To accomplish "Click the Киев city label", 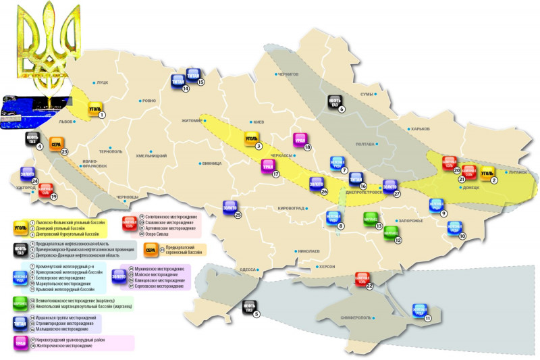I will click(x=257, y=122).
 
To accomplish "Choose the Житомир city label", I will click(x=192, y=122).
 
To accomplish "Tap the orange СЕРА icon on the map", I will click(x=56, y=144).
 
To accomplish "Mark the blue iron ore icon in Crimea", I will click(x=421, y=310).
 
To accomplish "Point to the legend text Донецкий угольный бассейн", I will click(x=61, y=229).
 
